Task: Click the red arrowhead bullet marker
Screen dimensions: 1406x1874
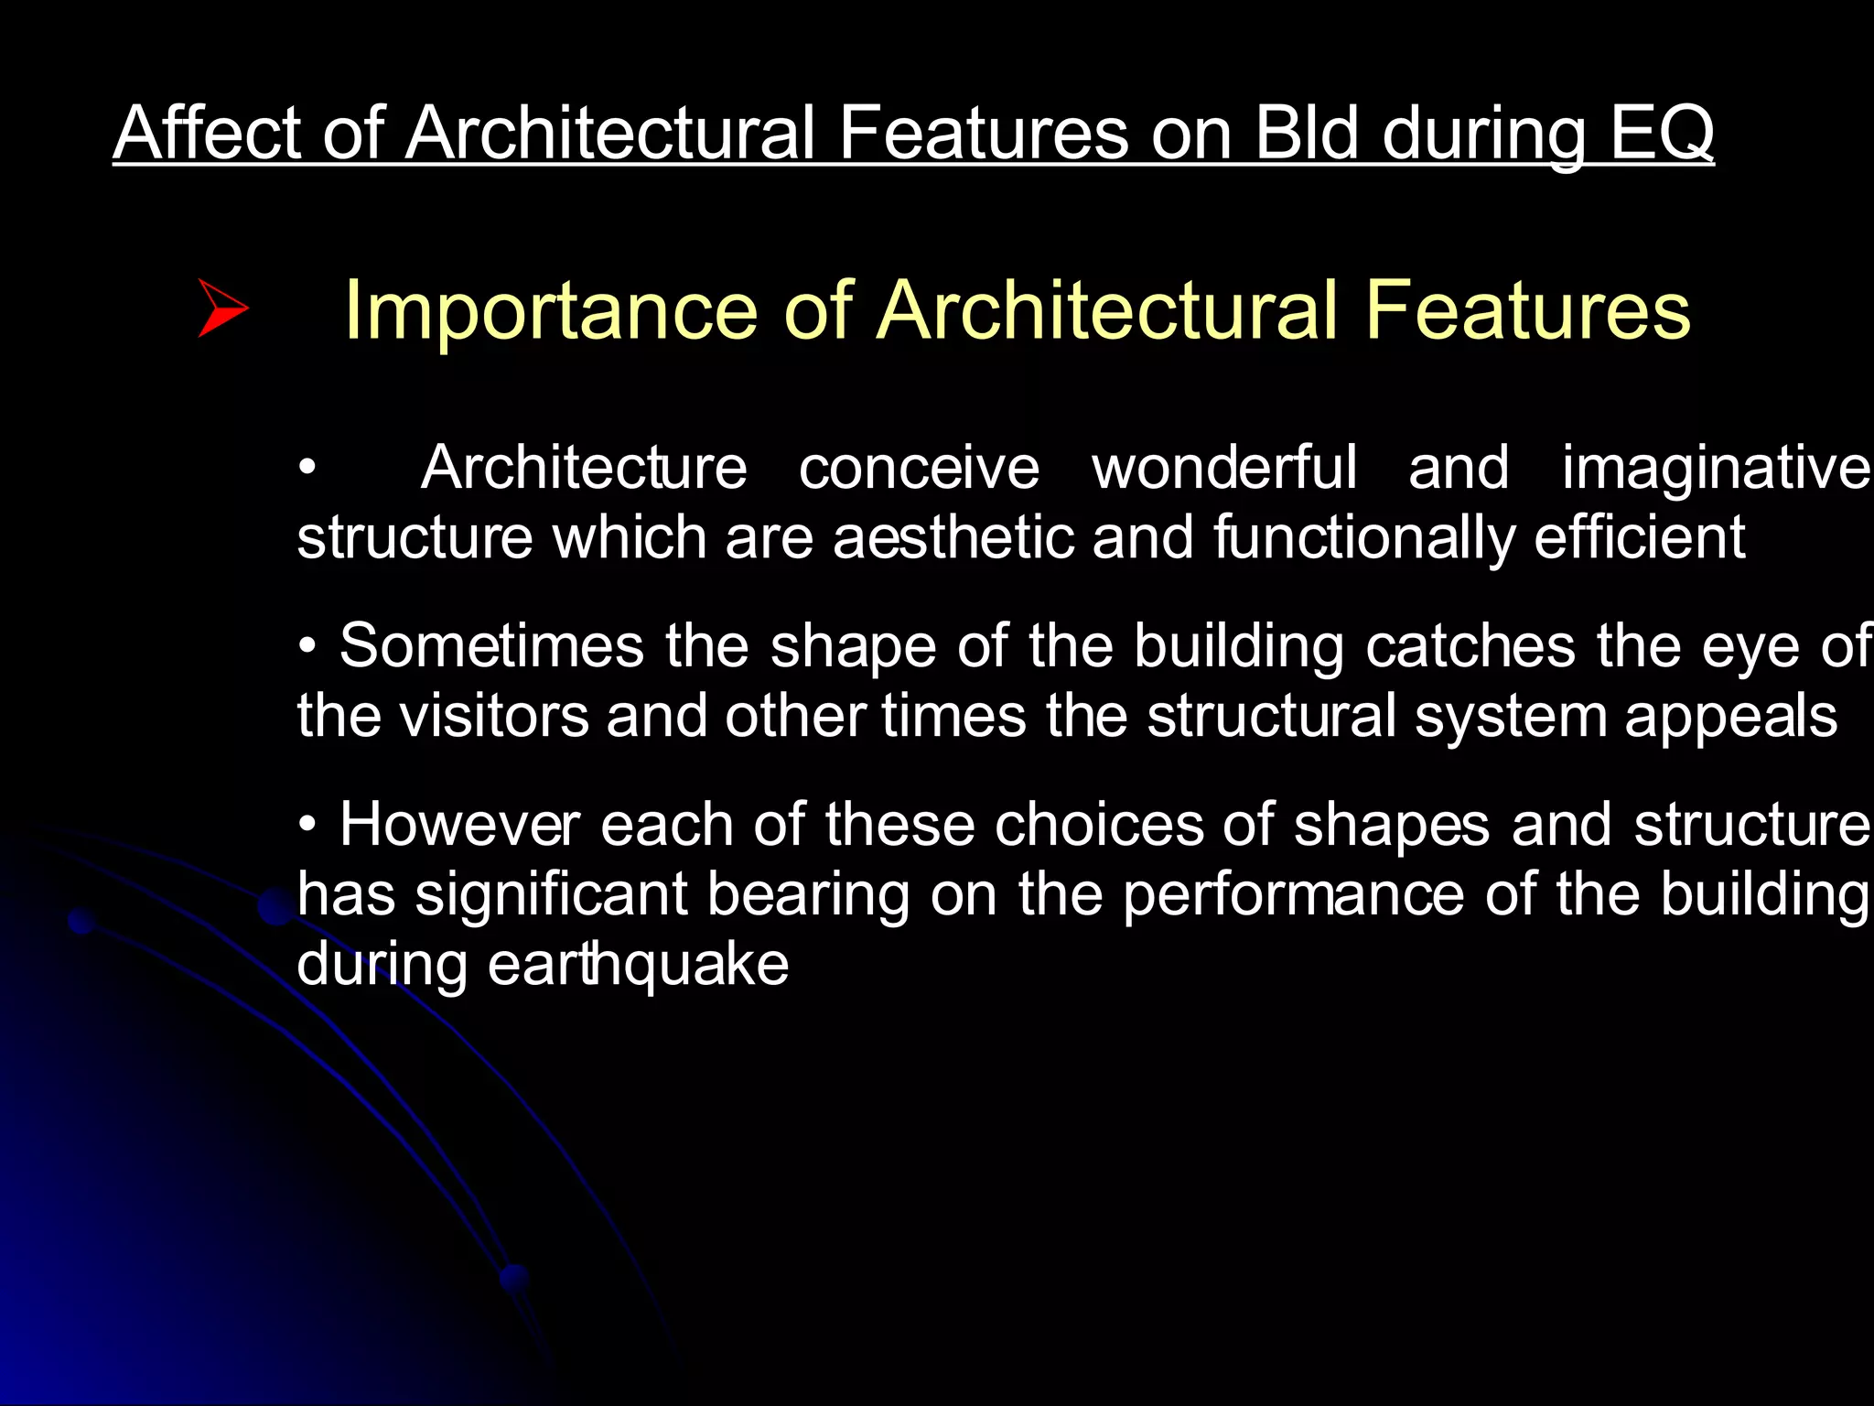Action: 222,309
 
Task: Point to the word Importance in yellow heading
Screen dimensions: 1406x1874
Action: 550,313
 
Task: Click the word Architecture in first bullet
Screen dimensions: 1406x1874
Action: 584,469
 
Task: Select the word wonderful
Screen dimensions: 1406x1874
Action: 1224,469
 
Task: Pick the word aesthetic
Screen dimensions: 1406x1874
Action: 952,538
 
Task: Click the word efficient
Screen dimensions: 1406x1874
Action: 1640,538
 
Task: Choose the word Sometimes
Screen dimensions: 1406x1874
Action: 491,646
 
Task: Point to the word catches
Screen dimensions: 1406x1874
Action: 1470,646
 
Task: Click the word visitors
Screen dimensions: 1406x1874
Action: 495,717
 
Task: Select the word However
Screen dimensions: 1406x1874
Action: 459,826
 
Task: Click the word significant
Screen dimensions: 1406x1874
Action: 551,896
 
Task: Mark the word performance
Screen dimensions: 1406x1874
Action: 1293,896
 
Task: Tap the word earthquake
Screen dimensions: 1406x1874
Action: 638,967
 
